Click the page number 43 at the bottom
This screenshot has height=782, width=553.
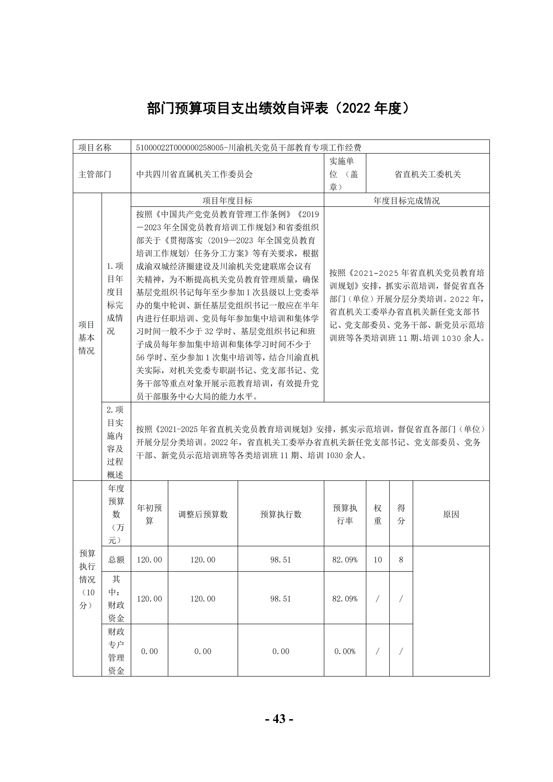coord(279,718)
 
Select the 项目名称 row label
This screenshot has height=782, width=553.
coord(95,147)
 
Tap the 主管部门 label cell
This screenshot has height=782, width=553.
coord(95,174)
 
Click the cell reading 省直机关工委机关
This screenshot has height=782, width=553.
coord(427,174)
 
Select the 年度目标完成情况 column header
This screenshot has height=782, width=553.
coord(406,200)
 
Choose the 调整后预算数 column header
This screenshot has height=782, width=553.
coord(203,514)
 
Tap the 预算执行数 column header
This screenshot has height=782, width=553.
coord(281,514)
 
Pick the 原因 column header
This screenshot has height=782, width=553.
coord(451,514)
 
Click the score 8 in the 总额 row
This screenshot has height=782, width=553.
coord(401,560)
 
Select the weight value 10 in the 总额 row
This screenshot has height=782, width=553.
coord(378,560)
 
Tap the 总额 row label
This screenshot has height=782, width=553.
coord(116,560)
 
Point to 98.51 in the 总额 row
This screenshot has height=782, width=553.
coord(281,560)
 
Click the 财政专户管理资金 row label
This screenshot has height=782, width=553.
coord(116,651)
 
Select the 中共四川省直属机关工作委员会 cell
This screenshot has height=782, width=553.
coord(195,174)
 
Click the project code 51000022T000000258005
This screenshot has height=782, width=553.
coord(179,147)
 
